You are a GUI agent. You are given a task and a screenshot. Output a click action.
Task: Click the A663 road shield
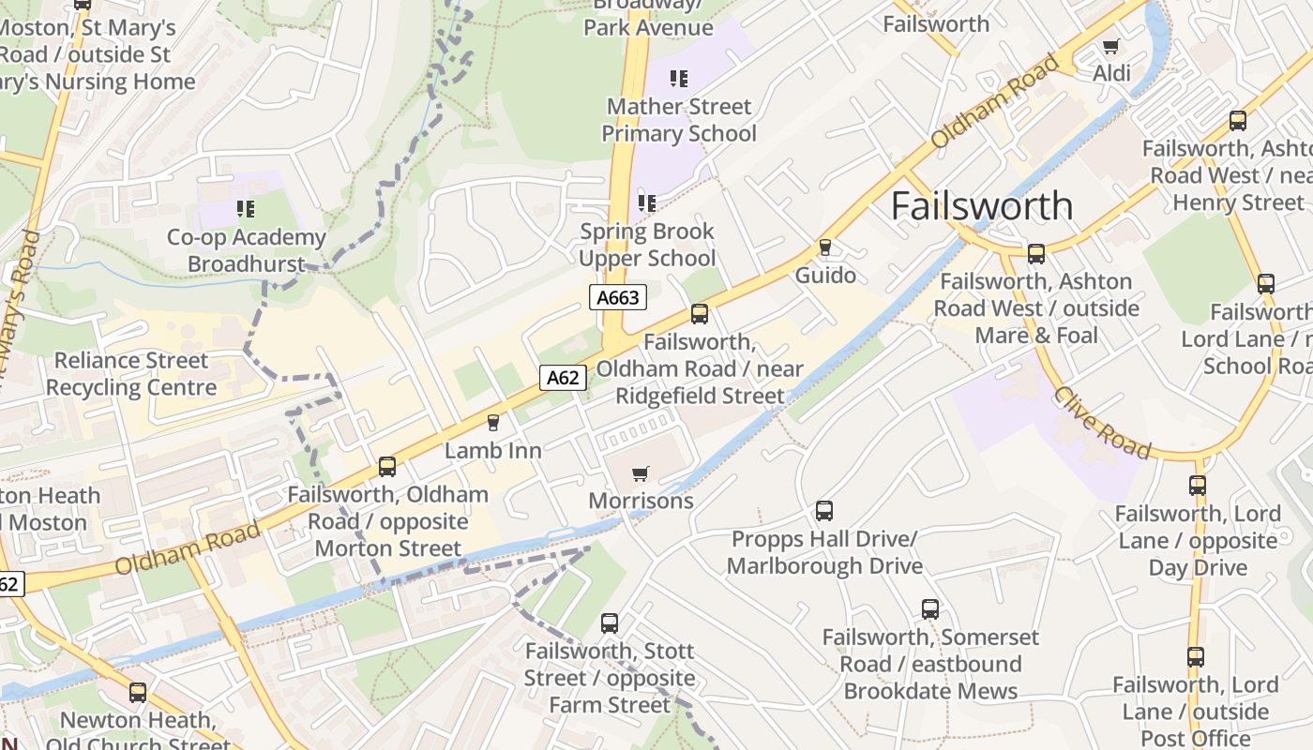tap(618, 298)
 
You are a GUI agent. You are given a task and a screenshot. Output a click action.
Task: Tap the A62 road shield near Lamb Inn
tap(563, 378)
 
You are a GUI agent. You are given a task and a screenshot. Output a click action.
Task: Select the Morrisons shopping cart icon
tap(641, 474)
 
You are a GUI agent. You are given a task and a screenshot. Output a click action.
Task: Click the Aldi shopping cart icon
tap(1111, 46)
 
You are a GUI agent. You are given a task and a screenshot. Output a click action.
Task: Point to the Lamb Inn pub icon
tap(493, 423)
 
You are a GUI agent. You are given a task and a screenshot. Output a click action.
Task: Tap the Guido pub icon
tap(825, 247)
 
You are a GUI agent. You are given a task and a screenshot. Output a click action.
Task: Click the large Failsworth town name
tap(981, 206)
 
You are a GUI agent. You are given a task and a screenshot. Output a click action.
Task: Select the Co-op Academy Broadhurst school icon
tap(246, 209)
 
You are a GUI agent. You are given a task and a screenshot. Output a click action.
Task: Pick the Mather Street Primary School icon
tap(679, 79)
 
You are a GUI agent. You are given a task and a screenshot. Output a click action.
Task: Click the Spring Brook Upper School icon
tap(646, 202)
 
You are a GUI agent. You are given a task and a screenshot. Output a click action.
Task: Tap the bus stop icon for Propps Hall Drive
tap(824, 511)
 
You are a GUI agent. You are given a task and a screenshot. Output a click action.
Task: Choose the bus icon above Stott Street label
tap(610, 622)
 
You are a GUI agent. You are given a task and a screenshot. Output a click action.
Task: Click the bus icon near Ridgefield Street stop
tap(700, 314)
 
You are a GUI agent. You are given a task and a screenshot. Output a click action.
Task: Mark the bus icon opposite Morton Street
tap(387, 466)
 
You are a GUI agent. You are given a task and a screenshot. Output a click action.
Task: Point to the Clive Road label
tap(1101, 423)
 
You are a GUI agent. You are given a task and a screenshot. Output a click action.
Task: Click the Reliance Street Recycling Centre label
tap(131, 374)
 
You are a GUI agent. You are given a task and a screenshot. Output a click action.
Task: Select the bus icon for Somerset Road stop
tap(930, 609)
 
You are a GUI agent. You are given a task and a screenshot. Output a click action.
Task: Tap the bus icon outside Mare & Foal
tap(1036, 253)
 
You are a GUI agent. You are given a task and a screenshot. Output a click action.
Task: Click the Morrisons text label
tap(641, 501)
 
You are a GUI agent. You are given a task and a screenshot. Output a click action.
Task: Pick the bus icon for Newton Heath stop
tap(138, 693)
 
